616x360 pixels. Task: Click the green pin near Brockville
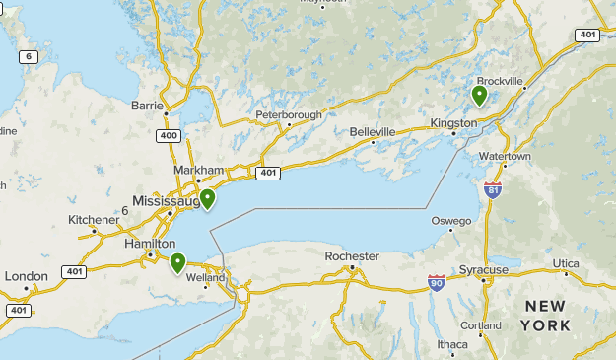coord(479,95)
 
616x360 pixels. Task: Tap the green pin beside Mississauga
coord(208,198)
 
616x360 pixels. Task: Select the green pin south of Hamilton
coord(177,262)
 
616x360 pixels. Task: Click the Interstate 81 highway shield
coord(493,188)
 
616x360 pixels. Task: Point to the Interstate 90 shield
coord(437,283)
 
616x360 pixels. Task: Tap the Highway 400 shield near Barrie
coord(169,134)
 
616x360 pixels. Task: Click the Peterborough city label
coord(289,115)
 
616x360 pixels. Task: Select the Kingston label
coord(453,123)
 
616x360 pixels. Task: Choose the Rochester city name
coord(352,256)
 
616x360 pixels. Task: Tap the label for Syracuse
coord(483,269)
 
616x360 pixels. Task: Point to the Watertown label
coord(505,157)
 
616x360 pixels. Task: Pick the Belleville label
coord(373,132)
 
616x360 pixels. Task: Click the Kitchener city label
coord(94,219)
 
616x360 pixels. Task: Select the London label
coord(26,276)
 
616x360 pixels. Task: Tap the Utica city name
coord(566,263)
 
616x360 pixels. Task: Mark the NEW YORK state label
coord(546,316)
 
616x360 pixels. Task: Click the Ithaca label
coord(452,344)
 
